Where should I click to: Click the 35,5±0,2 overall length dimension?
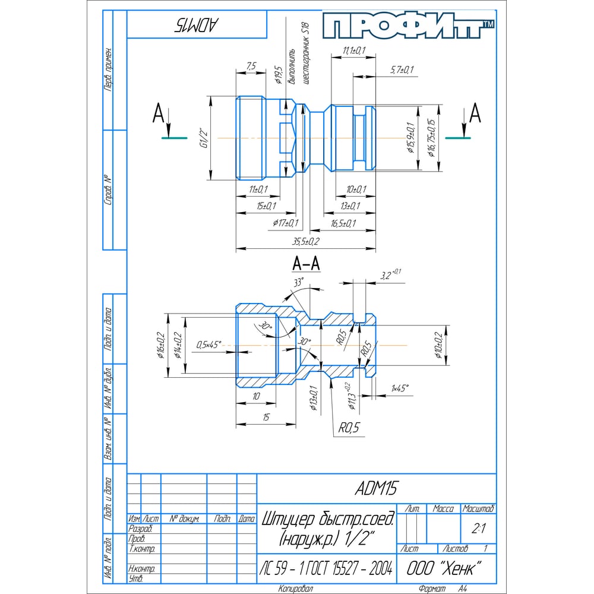click(306, 241)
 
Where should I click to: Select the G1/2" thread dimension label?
click(203, 138)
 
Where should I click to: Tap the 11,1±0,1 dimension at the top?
click(353, 50)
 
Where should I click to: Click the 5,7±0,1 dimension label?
click(402, 70)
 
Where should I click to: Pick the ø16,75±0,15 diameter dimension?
click(432, 138)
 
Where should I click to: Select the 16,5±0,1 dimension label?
click(343, 223)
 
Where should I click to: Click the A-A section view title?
click(306, 263)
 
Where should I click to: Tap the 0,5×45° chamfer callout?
click(209, 344)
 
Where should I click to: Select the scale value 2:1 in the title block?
click(478, 527)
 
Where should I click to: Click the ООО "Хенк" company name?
click(443, 568)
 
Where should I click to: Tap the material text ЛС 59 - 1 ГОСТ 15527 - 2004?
click(326, 569)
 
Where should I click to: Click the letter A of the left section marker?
click(158, 112)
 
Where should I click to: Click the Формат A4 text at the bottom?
click(441, 589)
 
